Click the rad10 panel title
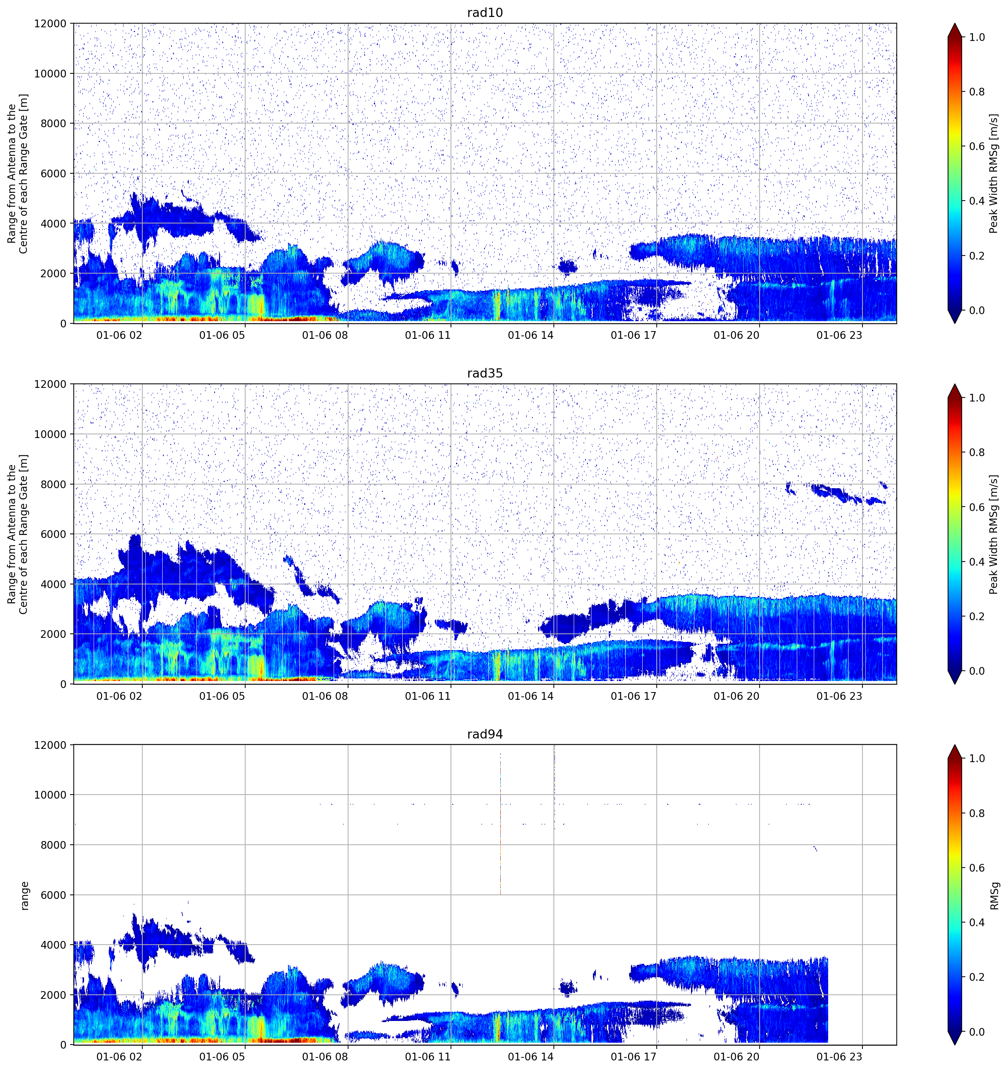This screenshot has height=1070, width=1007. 485,13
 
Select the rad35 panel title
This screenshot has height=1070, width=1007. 485,374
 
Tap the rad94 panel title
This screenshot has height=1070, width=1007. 485,734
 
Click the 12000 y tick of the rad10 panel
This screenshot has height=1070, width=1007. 50,24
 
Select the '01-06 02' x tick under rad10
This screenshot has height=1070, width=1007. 119,335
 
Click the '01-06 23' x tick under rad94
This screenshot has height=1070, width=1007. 839,1057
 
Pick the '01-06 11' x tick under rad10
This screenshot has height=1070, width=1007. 428,335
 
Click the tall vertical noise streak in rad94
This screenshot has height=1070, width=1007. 500,823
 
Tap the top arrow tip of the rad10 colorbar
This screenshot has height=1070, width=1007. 954,24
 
